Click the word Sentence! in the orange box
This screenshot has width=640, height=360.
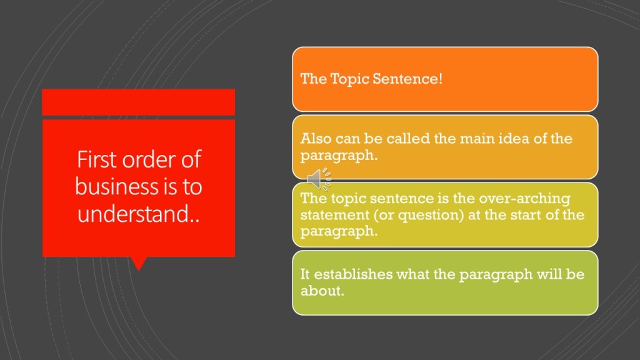[x=407, y=78]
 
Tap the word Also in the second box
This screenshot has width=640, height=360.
[x=316, y=138]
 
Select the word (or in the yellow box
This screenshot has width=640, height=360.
[x=384, y=215]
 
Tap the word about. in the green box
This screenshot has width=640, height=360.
[x=322, y=291]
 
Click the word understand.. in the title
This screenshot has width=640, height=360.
[x=139, y=214]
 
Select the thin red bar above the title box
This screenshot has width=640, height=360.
[x=138, y=102]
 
